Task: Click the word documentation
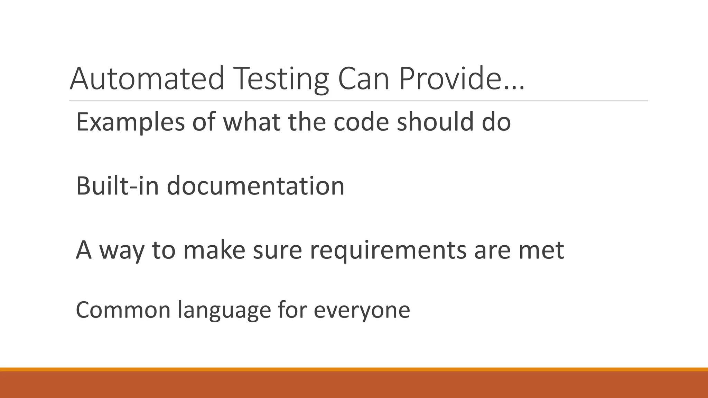click(255, 186)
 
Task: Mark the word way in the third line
click(122, 250)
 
